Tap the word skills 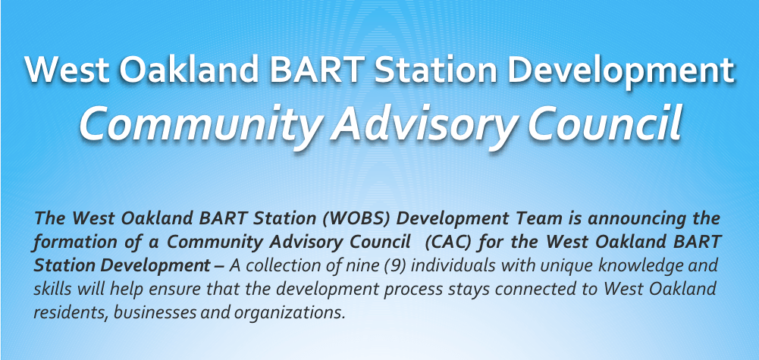[53, 289]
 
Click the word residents [69, 312]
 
